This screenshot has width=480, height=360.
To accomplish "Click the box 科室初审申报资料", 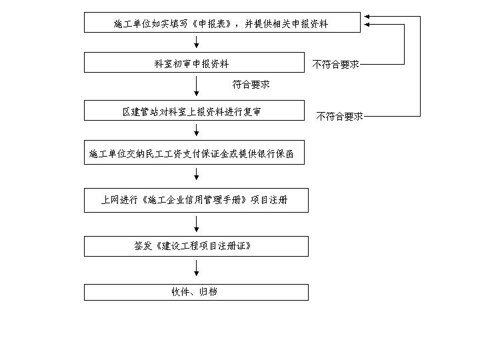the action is pos(194,63).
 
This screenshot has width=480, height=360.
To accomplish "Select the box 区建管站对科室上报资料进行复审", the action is pos(194,110).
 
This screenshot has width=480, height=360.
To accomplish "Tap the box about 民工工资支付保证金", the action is pos(194,153).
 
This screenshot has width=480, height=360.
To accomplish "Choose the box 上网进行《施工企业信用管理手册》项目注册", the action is pos(196,200).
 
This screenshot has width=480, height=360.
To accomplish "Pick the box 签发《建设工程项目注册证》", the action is pos(196,246).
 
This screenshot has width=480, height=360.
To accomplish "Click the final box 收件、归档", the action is pos(196,293).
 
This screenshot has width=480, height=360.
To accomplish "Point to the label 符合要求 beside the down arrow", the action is pos(251,85).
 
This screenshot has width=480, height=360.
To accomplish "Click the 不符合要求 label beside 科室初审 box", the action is pos(335,64).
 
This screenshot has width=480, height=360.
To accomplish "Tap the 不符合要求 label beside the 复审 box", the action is pos(339,116).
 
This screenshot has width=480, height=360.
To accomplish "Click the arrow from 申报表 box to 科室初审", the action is pos(197,42).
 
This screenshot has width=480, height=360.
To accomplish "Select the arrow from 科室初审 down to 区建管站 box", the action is pos(197,86).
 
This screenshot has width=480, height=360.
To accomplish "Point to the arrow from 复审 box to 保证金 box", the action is pos(197,130).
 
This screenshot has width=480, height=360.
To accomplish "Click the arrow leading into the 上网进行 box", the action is pos(197,174).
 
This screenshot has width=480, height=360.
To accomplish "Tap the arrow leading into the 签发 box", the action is pos(197,224).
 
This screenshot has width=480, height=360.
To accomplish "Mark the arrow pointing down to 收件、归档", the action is pos(197,268).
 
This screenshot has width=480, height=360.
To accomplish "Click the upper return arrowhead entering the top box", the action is pos(367,17).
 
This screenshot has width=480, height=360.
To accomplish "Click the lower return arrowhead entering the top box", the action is pos(367,25).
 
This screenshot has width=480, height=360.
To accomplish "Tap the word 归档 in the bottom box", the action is pos(208,292).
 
